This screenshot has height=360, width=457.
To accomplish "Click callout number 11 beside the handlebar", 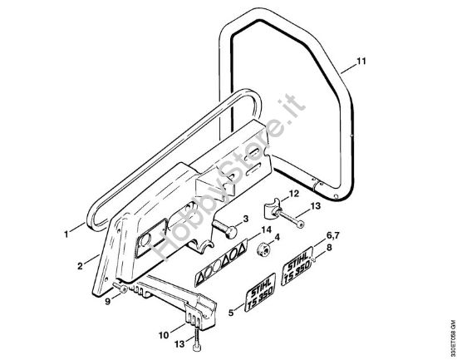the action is pos(361,62).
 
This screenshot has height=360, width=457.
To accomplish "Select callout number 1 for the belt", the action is pos(66,234).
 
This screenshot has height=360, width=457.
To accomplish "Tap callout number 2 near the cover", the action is pos(80,266).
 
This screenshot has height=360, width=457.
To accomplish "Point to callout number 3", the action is pos(246,219).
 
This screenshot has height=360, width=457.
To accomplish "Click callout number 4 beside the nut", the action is pos(277,237).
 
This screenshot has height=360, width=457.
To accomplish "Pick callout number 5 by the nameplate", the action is pos(231,313).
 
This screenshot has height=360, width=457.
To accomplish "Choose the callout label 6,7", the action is pos(332,236).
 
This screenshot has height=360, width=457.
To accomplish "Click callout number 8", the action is pos(329,248).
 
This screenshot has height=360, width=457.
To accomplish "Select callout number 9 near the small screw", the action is pos(108,302).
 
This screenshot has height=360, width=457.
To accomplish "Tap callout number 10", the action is pos(164,335).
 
